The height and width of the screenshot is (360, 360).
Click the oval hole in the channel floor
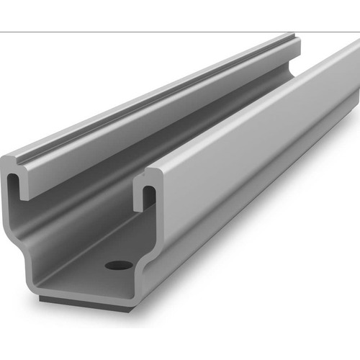tap(119, 265)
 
